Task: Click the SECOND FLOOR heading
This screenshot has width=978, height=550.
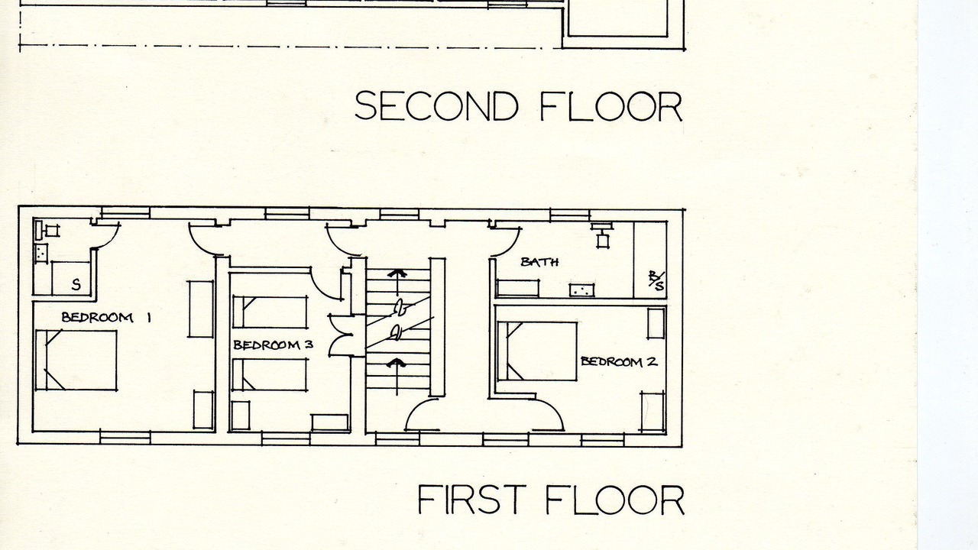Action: (x=519, y=106)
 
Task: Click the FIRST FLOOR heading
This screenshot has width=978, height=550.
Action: (x=551, y=500)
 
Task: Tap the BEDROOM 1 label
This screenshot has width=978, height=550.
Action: (x=106, y=317)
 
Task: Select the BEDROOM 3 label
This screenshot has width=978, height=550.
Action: (x=274, y=345)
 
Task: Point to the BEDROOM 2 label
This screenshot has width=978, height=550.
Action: (x=619, y=362)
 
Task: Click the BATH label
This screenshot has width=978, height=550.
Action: (x=540, y=262)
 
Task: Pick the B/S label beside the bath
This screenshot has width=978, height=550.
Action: (x=656, y=280)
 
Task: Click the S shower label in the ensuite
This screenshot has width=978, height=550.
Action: (x=76, y=285)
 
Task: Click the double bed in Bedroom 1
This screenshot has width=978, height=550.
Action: (x=76, y=360)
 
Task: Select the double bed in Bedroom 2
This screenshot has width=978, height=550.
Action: (x=537, y=351)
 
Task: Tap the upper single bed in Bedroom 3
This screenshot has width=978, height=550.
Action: (x=270, y=312)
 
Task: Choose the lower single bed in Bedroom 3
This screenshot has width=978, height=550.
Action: (x=270, y=374)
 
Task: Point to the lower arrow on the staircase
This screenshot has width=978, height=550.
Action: (x=397, y=377)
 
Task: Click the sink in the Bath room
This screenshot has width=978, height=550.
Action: (x=581, y=290)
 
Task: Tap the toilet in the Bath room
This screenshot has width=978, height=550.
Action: (x=603, y=235)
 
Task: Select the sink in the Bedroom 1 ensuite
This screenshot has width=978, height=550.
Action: (x=40, y=254)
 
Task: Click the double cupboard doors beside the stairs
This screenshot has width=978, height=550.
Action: (x=340, y=335)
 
